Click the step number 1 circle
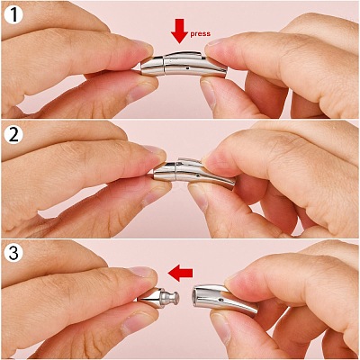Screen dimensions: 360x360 [x=13, y=14]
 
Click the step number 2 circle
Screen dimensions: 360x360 [x=13, y=135]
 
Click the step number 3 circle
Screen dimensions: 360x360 [x=13, y=254]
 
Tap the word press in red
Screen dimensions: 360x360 [x=200, y=33]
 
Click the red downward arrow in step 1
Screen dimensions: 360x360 [x=179, y=31]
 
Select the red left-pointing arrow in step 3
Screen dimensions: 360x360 [x=180, y=273]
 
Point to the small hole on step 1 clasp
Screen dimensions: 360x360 [x=188, y=68]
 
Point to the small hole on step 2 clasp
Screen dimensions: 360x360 [x=197, y=176]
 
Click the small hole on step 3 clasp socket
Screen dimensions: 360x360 [x=221, y=299]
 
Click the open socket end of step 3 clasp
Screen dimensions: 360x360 [x=195, y=297]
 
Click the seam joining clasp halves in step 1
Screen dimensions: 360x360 [x=164, y=66]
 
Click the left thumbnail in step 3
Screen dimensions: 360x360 [x=142, y=272]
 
